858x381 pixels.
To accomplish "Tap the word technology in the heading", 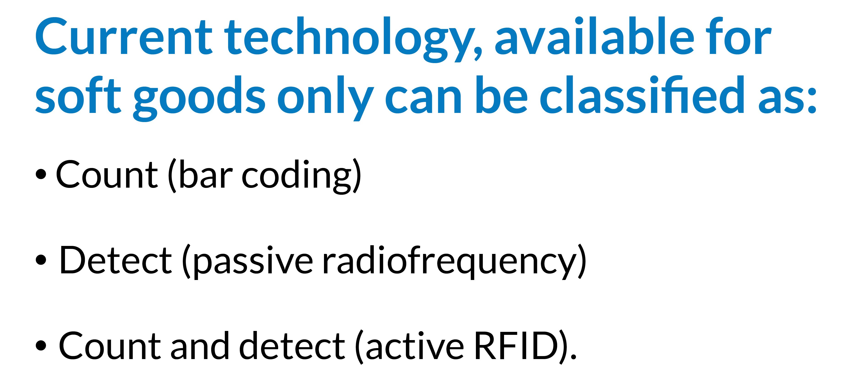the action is click(353, 39).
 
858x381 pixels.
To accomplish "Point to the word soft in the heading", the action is click(78, 95).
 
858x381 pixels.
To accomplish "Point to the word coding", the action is click(297, 176).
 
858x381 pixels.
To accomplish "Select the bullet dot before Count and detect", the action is click(41, 346).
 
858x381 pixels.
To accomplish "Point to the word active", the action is click(415, 346).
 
